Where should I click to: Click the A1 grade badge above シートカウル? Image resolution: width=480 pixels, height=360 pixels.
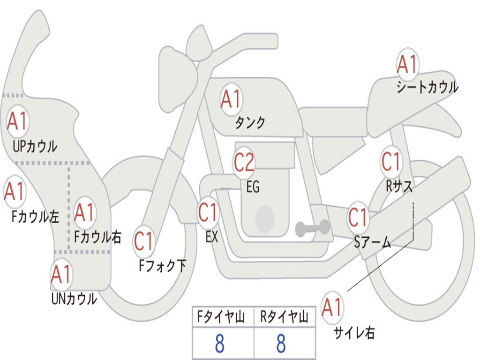407,65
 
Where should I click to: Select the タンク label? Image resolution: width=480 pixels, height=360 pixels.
250,122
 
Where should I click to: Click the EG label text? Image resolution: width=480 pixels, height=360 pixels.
253,187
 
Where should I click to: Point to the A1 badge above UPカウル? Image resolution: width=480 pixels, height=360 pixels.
17,121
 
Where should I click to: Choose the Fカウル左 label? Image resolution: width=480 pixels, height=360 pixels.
36,217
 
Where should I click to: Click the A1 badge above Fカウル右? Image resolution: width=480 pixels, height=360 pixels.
84,212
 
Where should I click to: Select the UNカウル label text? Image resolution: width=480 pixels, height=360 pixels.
74,299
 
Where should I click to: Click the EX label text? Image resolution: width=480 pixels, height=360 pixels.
212,237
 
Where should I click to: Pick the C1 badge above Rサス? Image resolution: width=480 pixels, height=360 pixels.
391,162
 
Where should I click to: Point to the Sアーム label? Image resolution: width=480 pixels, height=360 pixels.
373,242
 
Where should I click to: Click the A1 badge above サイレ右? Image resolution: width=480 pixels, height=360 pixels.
332,308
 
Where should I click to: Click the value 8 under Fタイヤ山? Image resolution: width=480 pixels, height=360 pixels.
219,344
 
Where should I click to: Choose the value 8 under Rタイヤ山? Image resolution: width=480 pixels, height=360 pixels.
281,344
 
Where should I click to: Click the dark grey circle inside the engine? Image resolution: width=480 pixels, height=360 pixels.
265,218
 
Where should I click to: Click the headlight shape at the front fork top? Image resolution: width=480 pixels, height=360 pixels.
177,73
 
